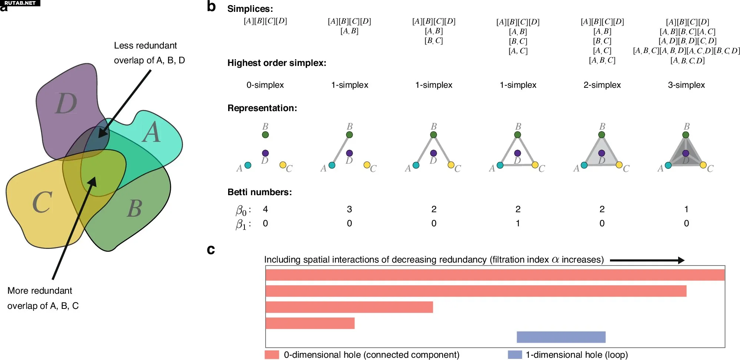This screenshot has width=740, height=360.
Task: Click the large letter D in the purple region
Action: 66,103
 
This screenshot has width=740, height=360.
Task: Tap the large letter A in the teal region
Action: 151,133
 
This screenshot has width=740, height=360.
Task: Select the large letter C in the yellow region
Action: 42,203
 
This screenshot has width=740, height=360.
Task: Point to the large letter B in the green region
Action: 134,209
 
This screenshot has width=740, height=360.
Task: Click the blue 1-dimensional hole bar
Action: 561,337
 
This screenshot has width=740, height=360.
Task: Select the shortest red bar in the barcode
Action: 310,323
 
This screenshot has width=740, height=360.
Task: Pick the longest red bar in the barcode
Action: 495,275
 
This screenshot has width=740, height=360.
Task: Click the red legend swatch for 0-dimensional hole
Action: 272,355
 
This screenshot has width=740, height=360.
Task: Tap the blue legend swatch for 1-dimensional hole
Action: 514,355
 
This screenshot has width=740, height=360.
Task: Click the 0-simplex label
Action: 265,85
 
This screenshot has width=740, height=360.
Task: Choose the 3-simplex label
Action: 686,85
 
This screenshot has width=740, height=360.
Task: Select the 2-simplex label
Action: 602,85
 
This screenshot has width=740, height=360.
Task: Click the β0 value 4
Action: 265,209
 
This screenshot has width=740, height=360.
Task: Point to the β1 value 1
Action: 518,223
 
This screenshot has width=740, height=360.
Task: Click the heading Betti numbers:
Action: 260,192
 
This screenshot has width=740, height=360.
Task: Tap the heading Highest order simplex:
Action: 277,63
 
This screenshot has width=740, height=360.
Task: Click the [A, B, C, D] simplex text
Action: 687,60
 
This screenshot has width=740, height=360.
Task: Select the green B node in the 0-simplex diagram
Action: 265,135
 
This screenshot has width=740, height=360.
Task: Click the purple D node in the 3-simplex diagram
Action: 686,153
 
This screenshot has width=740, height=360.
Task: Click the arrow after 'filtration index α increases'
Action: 647,260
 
